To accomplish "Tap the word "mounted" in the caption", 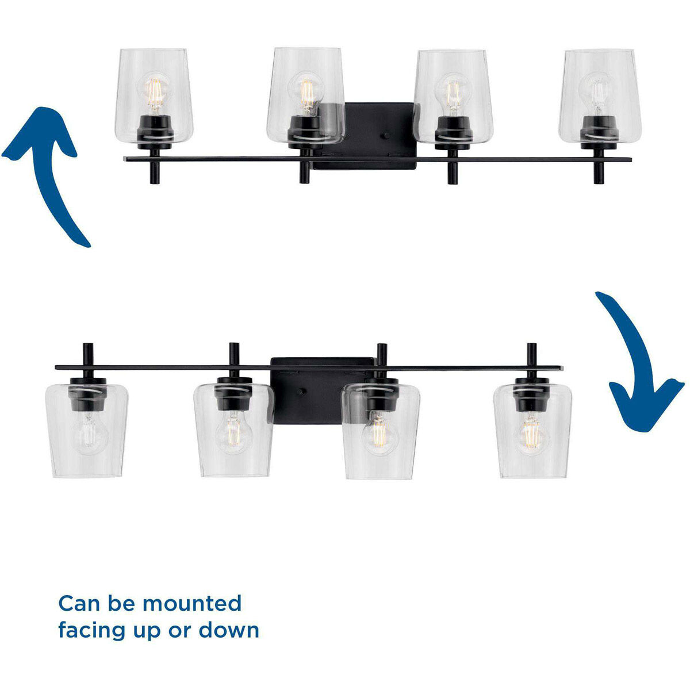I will click(192, 604).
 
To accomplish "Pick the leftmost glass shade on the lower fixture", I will click(87, 437).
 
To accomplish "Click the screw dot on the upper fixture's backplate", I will click(386, 136).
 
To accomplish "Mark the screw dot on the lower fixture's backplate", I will click(300, 392).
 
